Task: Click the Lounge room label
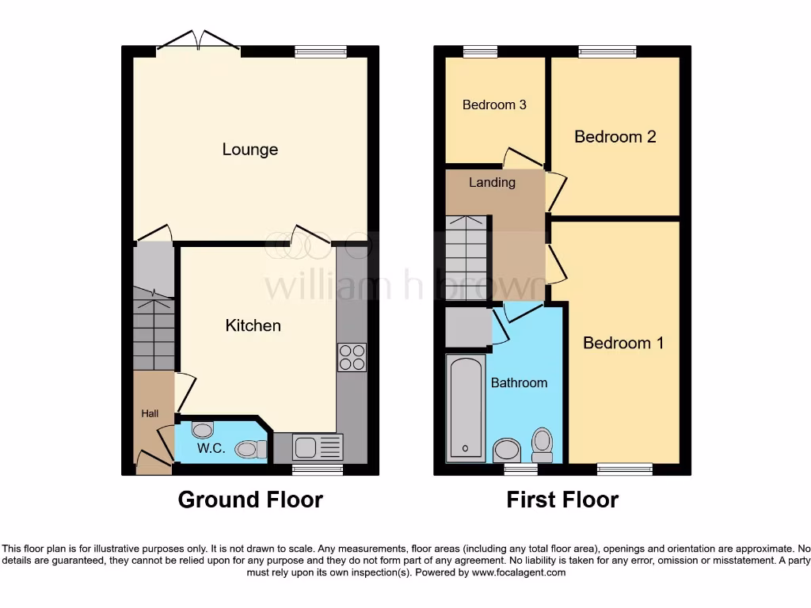click(249, 150)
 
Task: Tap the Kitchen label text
click(253, 325)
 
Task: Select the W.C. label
click(211, 448)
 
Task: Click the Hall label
click(150, 413)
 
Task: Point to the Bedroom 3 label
click(494, 104)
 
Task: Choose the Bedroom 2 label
click(615, 137)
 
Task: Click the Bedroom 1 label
click(623, 343)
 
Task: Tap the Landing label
click(492, 183)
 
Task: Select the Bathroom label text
click(519, 382)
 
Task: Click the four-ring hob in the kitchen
click(352, 357)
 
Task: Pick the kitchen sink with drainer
click(318, 447)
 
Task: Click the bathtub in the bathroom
click(466, 408)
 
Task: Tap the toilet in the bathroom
click(543, 444)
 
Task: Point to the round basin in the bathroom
click(508, 451)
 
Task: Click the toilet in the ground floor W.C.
click(251, 450)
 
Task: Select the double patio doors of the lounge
click(198, 42)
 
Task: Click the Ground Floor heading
click(250, 500)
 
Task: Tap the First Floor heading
click(562, 500)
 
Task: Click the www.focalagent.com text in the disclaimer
click(520, 572)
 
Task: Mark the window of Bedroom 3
click(480, 51)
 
